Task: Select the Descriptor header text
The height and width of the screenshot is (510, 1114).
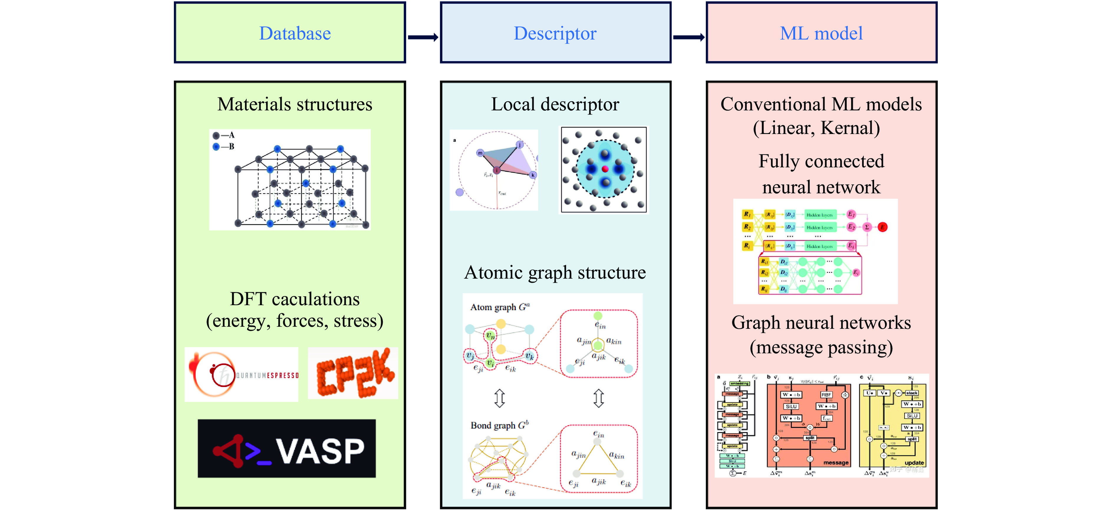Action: coord(555,33)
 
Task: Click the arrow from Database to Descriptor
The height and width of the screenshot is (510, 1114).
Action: coord(423,37)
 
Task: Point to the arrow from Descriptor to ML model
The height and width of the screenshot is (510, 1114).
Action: coord(688,37)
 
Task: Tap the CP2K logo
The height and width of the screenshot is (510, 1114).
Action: coord(353,373)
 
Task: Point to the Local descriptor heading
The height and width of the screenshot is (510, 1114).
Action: coord(555,104)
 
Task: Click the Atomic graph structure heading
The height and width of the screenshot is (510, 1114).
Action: coord(555,273)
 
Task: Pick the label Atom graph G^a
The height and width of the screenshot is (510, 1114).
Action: coord(500,307)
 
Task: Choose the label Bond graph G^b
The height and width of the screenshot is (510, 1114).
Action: coord(500,425)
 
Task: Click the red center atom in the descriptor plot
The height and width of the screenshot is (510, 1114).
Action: coord(605,169)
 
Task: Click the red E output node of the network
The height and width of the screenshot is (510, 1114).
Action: coord(883,227)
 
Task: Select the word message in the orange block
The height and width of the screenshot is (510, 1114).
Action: coord(835,463)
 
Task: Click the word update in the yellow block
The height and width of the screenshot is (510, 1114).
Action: coord(914,463)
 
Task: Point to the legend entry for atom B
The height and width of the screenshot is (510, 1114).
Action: coord(224,147)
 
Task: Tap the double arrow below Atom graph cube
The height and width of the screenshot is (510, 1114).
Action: coord(500,398)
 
